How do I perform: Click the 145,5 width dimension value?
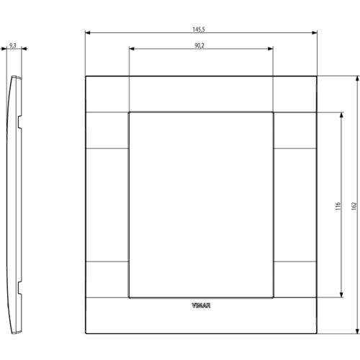coord(199,30)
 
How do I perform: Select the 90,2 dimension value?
coord(199,45)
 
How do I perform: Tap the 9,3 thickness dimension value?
coord(13,45)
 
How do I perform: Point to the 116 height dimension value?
coord(338,206)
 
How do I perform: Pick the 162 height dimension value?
coord(354,206)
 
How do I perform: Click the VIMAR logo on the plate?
coord(201,305)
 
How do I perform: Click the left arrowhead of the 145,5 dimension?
coord(88,32)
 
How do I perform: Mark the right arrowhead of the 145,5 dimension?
coord(315,32)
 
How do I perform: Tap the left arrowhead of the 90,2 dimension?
coord(132,49)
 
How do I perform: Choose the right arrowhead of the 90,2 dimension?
coord(271,49)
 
